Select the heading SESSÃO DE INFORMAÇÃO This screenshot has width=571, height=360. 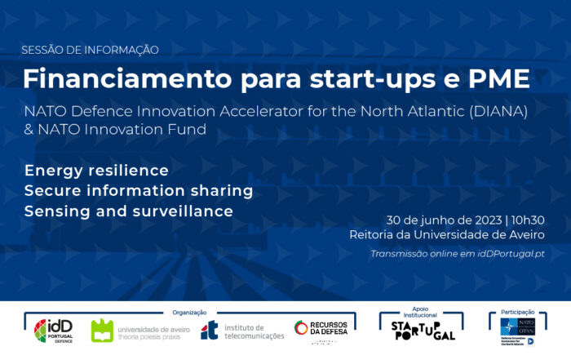point(90,50)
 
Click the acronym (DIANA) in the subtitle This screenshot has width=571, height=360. point(499,110)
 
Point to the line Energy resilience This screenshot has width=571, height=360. point(96,171)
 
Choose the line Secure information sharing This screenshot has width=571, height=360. point(139,191)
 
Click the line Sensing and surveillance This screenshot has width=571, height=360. point(129,211)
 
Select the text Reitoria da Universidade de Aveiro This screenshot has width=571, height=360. point(447,235)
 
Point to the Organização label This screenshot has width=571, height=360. point(189,312)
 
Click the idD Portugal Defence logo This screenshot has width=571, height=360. point(52,331)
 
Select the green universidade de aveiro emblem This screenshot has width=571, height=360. point(102,331)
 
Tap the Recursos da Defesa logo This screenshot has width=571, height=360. point(321,329)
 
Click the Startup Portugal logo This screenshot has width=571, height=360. point(422,331)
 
